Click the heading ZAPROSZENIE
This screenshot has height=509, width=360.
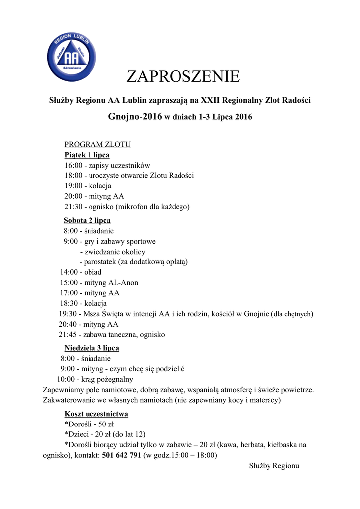[x=183, y=77]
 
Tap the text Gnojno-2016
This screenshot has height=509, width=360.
[x=135, y=117]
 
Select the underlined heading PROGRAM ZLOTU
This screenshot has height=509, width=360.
[x=97, y=145]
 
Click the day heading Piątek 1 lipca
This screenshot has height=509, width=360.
[x=87, y=155]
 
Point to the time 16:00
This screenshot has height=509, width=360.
[x=73, y=165]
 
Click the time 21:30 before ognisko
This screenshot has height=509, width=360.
[x=73, y=206]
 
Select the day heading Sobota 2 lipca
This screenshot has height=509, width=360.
[x=87, y=220]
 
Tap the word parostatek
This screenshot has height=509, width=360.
[x=100, y=261]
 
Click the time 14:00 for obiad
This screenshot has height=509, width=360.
[x=69, y=272]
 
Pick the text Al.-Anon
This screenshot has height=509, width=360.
[x=123, y=283]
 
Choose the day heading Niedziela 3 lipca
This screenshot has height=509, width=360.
[x=91, y=348]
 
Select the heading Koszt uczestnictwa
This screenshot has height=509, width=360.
[x=96, y=414]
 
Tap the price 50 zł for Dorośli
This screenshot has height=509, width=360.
[x=106, y=424]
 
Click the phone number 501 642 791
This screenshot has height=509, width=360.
[x=121, y=455]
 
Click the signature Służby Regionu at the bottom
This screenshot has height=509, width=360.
[x=273, y=466]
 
